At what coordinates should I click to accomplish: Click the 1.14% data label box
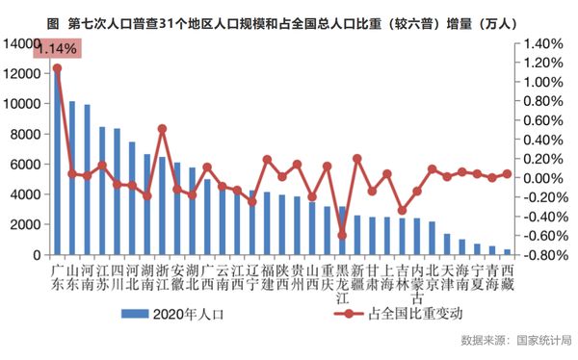(x=57, y=48)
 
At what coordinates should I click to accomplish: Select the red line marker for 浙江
(x=162, y=129)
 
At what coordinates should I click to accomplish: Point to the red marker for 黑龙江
(x=342, y=236)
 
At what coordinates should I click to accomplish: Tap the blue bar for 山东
(x=72, y=178)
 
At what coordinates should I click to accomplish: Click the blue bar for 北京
(x=432, y=239)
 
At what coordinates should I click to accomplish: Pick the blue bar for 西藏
(x=508, y=252)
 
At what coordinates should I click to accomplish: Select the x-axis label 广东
(x=57, y=278)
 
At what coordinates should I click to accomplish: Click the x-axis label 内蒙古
(x=417, y=284)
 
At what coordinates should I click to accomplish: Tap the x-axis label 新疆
(x=356, y=278)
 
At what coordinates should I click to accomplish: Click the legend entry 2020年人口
(x=172, y=315)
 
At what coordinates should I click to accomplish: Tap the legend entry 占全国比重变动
(x=398, y=314)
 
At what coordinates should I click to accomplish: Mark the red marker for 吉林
(x=402, y=211)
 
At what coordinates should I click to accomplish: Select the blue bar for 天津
(x=447, y=244)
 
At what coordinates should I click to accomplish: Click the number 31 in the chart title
(x=165, y=24)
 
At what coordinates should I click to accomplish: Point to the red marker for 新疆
(x=356, y=159)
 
